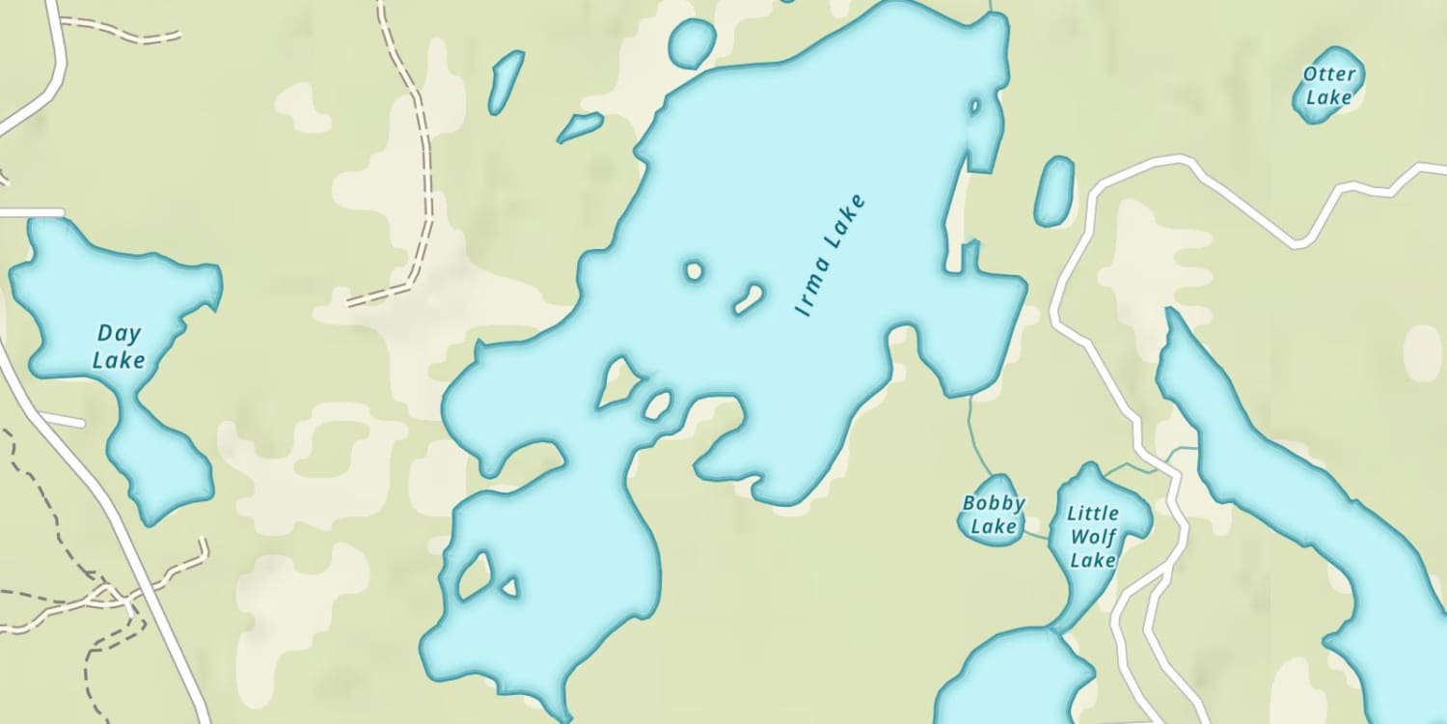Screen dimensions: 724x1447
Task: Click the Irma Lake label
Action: click(830, 257)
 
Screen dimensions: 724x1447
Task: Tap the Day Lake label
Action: click(119, 347)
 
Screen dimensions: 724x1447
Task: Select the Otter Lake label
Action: click(1329, 85)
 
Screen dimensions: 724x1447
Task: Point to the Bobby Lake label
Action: click(994, 515)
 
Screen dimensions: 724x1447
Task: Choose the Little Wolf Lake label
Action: click(1093, 537)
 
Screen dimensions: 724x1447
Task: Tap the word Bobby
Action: click(994, 503)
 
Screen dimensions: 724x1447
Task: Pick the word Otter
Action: click(1329, 73)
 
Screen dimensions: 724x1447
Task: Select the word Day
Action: click(119, 334)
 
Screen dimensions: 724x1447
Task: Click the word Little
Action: click(1093, 514)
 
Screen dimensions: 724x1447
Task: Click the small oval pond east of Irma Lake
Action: click(1053, 191)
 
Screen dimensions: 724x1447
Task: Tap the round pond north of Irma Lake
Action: click(692, 43)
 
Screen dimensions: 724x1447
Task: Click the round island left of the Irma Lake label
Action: click(694, 271)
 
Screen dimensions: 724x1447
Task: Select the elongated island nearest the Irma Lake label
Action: click(750, 299)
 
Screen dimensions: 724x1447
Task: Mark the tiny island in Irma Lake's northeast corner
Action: click(974, 106)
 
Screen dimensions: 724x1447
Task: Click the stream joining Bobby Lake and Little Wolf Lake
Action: click(1037, 534)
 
